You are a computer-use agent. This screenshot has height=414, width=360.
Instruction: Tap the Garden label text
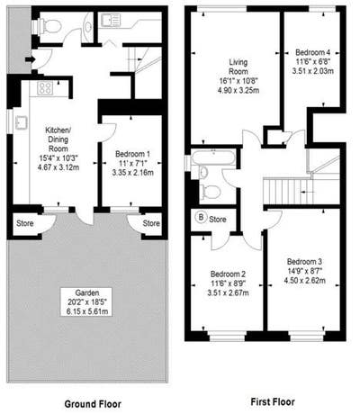[x=86, y=292]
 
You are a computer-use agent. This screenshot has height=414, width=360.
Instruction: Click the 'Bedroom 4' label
[x=312, y=50]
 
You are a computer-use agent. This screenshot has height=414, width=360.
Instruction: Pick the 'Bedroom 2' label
[x=228, y=272]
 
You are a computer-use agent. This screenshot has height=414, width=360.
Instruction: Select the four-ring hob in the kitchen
[x=42, y=89]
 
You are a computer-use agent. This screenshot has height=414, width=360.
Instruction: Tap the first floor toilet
[x=207, y=190]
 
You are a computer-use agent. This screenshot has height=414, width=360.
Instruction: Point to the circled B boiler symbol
[x=201, y=218]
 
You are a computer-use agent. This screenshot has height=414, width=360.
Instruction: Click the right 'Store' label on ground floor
[x=152, y=223]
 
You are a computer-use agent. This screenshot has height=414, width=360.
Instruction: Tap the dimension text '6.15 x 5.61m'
[x=86, y=311]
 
